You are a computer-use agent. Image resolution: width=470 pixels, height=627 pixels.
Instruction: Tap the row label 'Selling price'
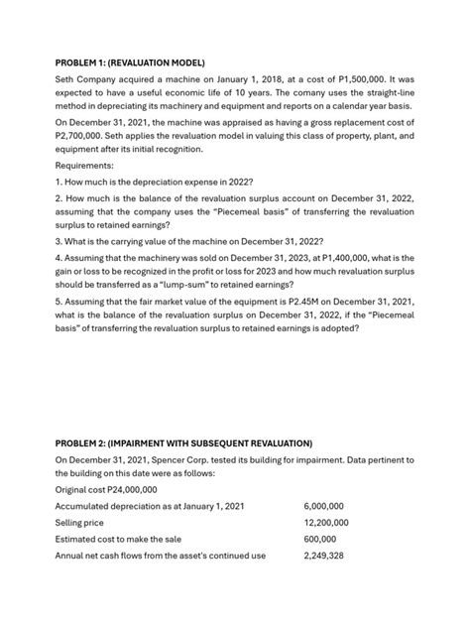click(x=82, y=524)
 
